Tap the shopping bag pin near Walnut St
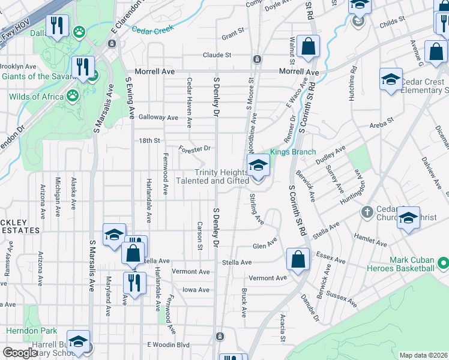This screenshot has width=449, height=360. pos(308,46)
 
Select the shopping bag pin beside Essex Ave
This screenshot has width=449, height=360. pos(298,259)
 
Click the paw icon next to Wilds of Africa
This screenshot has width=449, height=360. pos(73,95)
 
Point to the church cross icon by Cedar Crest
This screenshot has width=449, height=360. pos(367,212)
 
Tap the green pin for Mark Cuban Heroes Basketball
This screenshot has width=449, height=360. pos(443,263)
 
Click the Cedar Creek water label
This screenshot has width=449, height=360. pos(152,29)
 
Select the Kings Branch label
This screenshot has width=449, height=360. pos(292,152)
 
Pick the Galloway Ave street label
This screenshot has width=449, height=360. pos(159,118)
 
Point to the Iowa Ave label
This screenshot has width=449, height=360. pos(196,290)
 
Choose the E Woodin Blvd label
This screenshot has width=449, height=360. pos(169,345)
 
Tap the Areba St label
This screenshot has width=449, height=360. pos(381,120)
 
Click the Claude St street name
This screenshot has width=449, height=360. pos(217,55)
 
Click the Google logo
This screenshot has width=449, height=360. pos(19,353)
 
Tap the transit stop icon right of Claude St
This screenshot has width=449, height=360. pos(257,59)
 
